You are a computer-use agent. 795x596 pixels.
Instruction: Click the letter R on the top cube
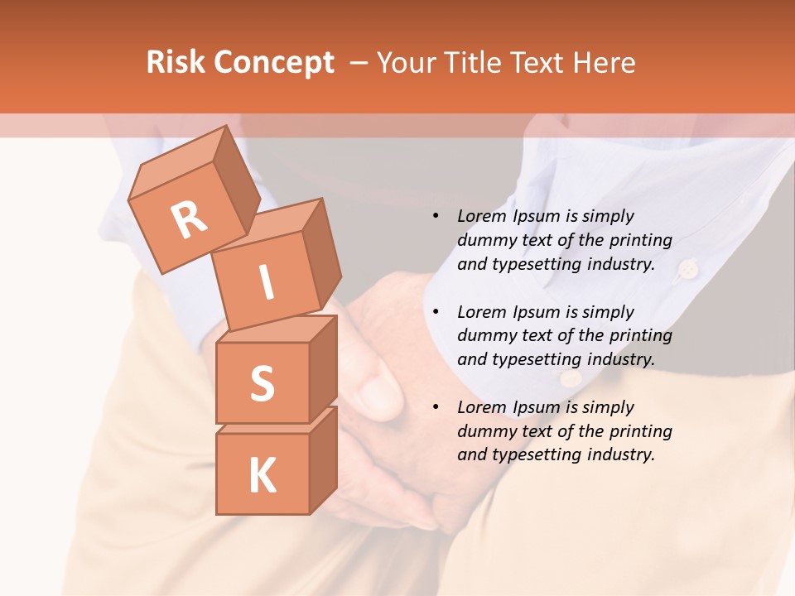point(189,220)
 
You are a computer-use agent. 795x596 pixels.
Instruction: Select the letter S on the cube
point(262,383)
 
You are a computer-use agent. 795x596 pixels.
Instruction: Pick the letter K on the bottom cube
point(262,476)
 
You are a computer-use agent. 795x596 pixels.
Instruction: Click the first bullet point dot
point(436,217)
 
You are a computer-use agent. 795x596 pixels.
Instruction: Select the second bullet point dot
point(436,312)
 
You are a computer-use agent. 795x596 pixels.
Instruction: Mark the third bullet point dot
point(436,407)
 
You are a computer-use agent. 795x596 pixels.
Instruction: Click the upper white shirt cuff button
point(687,268)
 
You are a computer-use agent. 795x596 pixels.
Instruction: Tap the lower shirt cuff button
point(569,378)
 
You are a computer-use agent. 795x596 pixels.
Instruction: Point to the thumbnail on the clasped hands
point(380,392)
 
